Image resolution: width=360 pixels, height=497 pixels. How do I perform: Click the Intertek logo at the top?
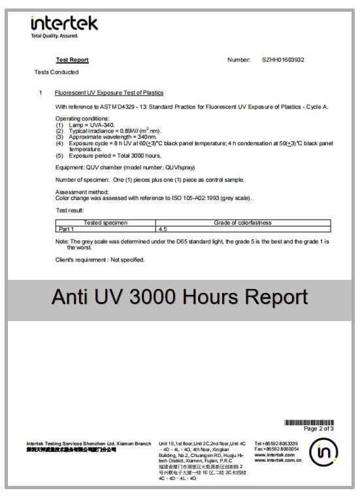pyautogui.click(x=64, y=24)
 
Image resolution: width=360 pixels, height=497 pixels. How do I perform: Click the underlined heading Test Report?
pyautogui.click(x=72, y=60)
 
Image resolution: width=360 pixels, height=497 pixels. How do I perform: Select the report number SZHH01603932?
pyautogui.click(x=283, y=60)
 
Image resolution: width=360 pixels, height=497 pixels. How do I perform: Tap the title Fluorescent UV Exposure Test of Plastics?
pyautogui.click(x=109, y=93)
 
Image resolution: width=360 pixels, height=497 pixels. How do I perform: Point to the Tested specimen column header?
pyautogui.click(x=106, y=223)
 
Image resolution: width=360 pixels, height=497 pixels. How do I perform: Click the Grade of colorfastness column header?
pyautogui.click(x=242, y=223)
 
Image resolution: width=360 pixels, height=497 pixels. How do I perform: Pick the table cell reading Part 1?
pyautogui.click(x=67, y=230)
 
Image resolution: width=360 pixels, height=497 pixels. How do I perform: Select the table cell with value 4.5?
pyautogui.click(x=164, y=230)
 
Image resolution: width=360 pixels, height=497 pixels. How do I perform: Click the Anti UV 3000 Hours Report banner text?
pyautogui.click(x=180, y=297)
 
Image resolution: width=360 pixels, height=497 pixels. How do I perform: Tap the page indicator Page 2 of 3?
pyautogui.click(x=318, y=429)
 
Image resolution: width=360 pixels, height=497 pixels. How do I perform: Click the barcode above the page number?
pyautogui.click(x=308, y=422)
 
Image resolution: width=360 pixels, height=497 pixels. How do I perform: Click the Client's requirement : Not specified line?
pyautogui.click(x=99, y=260)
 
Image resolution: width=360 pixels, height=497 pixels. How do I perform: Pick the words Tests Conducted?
pyautogui.click(x=56, y=72)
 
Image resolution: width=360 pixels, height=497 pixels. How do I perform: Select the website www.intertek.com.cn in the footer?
pyautogui.click(x=277, y=460)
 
